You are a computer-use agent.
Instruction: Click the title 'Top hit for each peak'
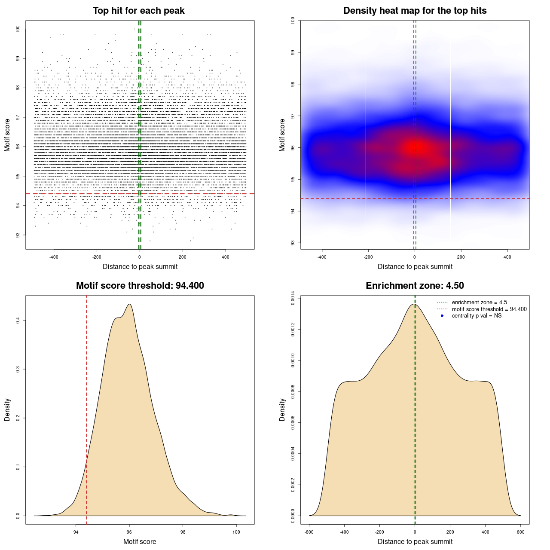(x=138, y=11)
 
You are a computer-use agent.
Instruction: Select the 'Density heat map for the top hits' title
(x=415, y=11)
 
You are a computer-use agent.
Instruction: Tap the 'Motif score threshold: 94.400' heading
(x=140, y=286)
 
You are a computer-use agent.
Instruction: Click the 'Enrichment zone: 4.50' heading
(x=415, y=286)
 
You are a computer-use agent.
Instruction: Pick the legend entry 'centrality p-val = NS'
(x=477, y=316)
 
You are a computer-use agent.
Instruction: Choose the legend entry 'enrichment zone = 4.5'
(x=479, y=302)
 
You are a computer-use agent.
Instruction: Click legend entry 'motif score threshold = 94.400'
(x=489, y=309)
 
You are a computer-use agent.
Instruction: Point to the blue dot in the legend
(x=442, y=316)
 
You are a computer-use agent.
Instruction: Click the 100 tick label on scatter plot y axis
(x=18, y=29)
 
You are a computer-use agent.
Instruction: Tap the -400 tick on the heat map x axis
(x=322, y=257)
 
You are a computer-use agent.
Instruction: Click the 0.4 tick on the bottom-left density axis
(x=18, y=321)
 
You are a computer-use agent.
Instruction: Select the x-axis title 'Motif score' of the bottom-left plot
(x=140, y=541)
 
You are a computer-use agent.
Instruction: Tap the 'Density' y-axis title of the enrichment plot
(x=282, y=409)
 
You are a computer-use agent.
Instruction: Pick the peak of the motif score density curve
(x=129, y=304)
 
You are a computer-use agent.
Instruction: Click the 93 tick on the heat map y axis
(x=293, y=243)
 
